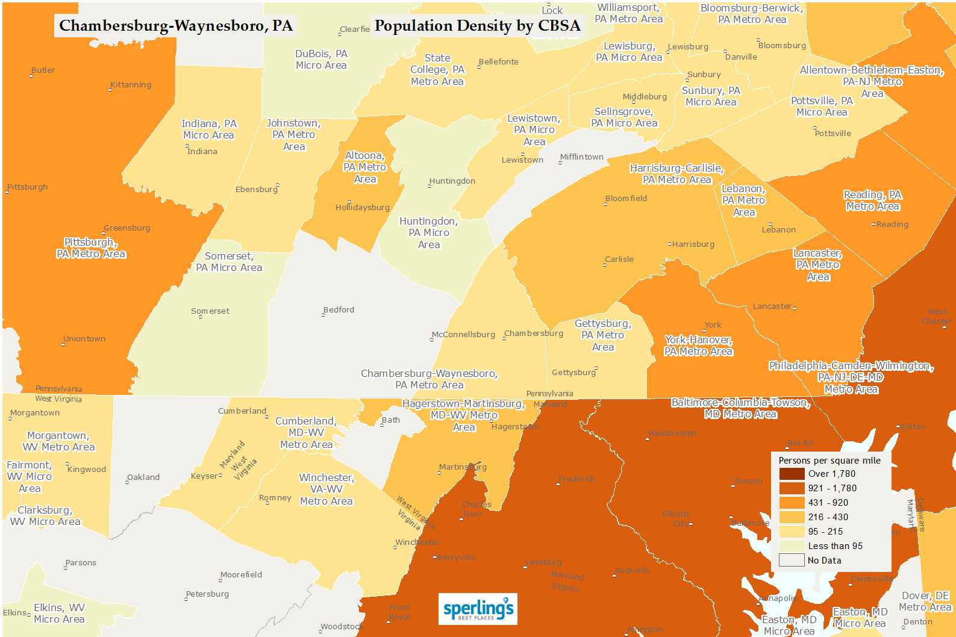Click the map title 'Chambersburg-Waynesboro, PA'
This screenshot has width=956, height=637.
175,26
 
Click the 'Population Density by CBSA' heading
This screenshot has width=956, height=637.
477,26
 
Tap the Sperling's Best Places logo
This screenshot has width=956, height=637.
478,609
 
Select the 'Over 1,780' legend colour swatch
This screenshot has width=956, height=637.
792,474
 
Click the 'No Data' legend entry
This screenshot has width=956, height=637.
824,561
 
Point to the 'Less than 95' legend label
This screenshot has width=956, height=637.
835,546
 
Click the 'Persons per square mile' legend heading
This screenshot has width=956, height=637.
829,461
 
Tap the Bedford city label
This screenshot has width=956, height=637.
339,310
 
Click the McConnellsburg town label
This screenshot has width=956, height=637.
463,335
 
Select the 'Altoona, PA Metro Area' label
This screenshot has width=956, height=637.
365,167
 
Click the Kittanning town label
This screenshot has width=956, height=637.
131,85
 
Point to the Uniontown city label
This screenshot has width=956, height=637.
84,339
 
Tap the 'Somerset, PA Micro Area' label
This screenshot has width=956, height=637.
229,262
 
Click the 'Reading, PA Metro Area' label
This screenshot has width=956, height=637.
872,200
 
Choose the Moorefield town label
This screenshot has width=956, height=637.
241,575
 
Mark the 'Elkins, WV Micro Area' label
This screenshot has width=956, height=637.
59,614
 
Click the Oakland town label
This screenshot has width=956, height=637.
143,477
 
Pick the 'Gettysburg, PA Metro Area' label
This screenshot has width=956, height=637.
603,335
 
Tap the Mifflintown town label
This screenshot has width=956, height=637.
582,157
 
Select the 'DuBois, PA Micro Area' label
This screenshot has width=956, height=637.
321,60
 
